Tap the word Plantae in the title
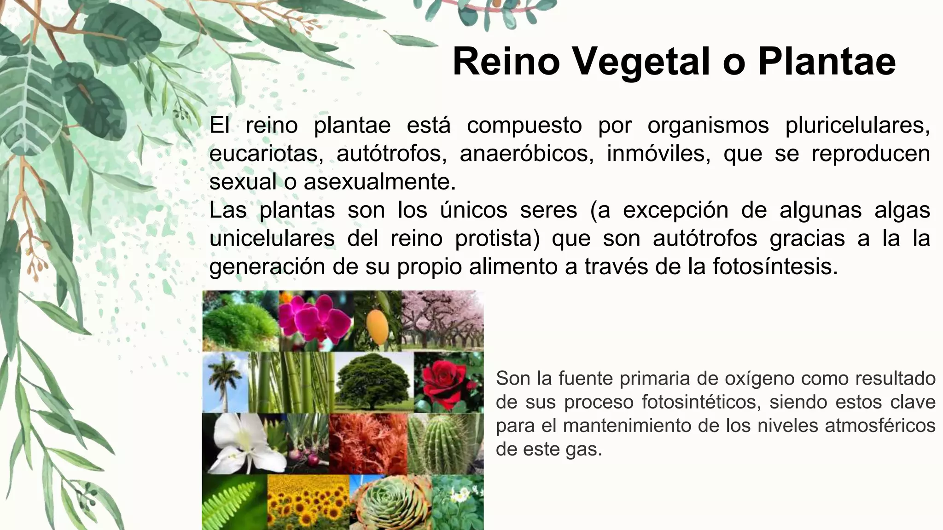[x=827, y=62]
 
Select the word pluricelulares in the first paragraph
[x=857, y=126]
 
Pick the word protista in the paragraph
[x=497, y=239]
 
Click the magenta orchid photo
[x=316, y=321]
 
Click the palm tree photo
[x=225, y=382]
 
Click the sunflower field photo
[x=308, y=503]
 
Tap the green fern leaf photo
[x=234, y=503]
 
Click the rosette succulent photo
[x=390, y=503]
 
